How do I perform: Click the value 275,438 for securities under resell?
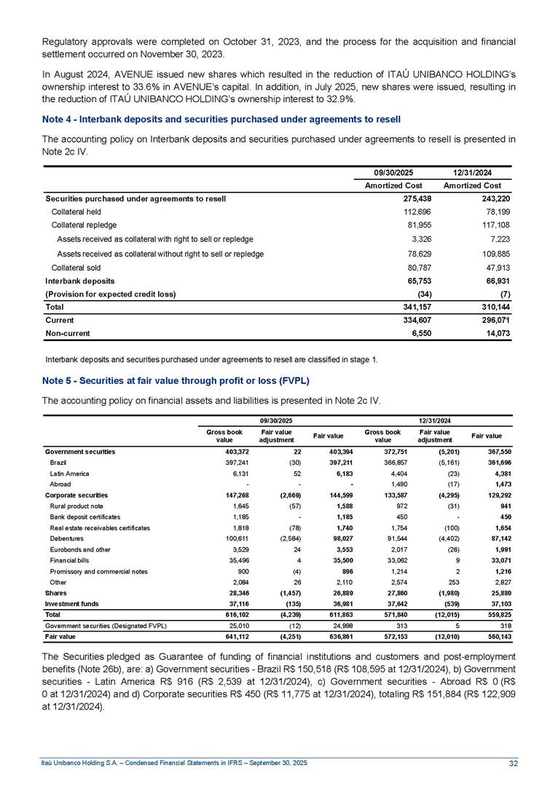point(398,198)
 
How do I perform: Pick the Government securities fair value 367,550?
point(493,452)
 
